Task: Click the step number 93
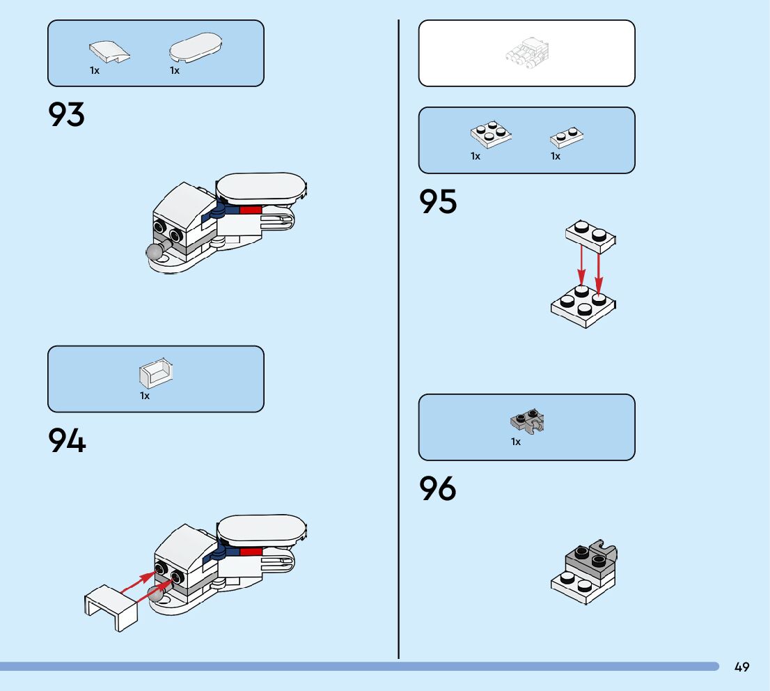coord(66,115)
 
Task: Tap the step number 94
coord(67,441)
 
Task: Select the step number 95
coord(438,202)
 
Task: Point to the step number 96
coord(437,489)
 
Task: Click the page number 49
coord(741,667)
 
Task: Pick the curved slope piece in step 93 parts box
coord(109,52)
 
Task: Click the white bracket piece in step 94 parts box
coord(155,374)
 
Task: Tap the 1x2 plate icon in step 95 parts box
coord(567,136)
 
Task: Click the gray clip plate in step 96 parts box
coord(527,421)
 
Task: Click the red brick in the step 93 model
coord(250,209)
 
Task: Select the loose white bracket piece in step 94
coord(111,607)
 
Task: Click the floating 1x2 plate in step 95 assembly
coord(591,234)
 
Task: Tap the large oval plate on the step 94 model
coord(260,530)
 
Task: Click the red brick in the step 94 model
coord(251,552)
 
